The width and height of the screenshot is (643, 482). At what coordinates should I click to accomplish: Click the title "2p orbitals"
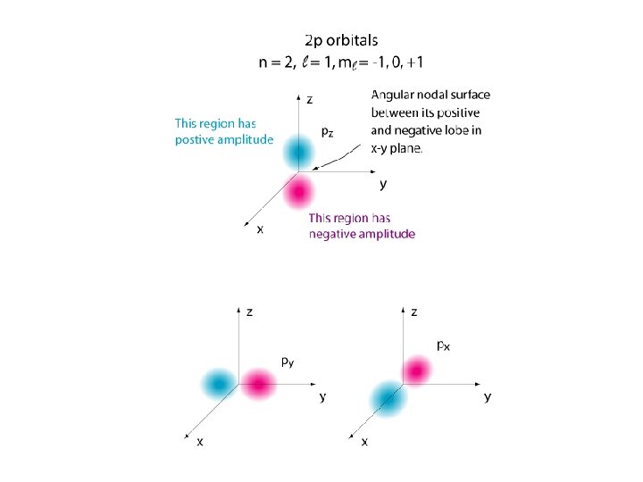341,40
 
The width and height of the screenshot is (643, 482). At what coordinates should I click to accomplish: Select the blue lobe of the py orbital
217,384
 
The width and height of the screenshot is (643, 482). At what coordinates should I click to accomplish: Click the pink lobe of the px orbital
416,370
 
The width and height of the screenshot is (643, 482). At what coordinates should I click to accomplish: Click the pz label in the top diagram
328,130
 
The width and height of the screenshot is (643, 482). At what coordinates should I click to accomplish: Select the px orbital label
443,345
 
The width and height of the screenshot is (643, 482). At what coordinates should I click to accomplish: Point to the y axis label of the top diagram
383,185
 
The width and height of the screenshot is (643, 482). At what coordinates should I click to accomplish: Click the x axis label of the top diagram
260,229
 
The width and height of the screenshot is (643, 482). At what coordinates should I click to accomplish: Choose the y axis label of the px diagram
488,396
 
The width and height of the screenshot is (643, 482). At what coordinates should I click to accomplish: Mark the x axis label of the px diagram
364,443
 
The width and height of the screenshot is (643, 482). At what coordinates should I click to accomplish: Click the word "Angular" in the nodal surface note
396,95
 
